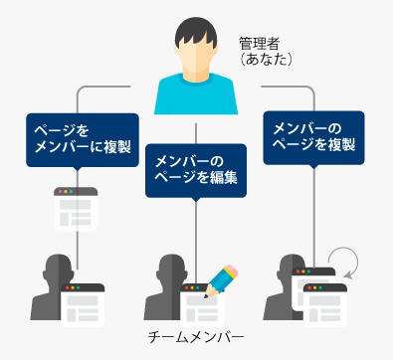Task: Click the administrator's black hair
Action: (x=196, y=32)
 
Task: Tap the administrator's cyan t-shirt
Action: (x=196, y=96)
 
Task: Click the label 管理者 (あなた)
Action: (x=266, y=52)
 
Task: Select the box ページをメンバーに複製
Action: (x=83, y=141)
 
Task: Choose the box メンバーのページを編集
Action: (x=196, y=171)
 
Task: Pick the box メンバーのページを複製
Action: (x=313, y=138)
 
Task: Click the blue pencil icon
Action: (x=221, y=281)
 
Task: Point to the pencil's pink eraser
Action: (x=231, y=270)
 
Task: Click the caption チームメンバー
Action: (x=196, y=337)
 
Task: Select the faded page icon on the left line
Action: (x=76, y=209)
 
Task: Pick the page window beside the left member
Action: (x=83, y=305)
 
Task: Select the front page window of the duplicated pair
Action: (x=325, y=305)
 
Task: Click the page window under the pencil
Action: (x=202, y=305)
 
